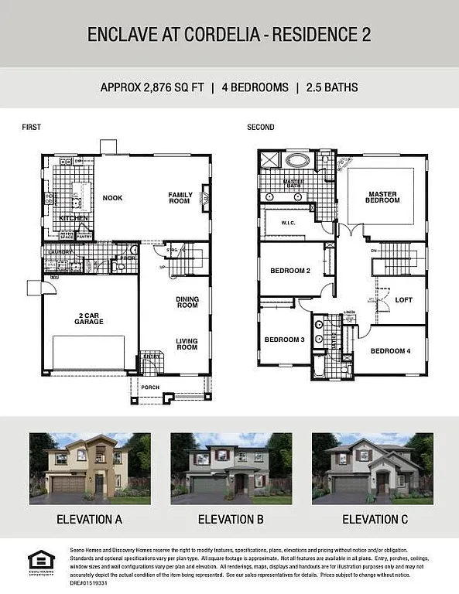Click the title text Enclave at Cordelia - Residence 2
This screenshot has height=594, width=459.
click(x=229, y=34)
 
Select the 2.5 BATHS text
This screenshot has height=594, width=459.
click(x=331, y=87)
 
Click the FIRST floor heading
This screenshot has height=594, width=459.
click(x=31, y=127)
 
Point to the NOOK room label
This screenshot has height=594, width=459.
click(x=112, y=198)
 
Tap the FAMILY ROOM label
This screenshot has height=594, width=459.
click(x=179, y=198)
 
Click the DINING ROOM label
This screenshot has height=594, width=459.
click(x=187, y=302)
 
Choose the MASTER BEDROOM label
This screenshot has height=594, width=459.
click(x=383, y=197)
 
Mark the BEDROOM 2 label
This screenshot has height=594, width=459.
click(x=290, y=271)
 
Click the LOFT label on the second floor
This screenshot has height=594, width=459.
click(x=403, y=300)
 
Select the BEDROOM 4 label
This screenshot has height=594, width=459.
click(x=390, y=351)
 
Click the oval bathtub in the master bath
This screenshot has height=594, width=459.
click(x=297, y=161)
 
